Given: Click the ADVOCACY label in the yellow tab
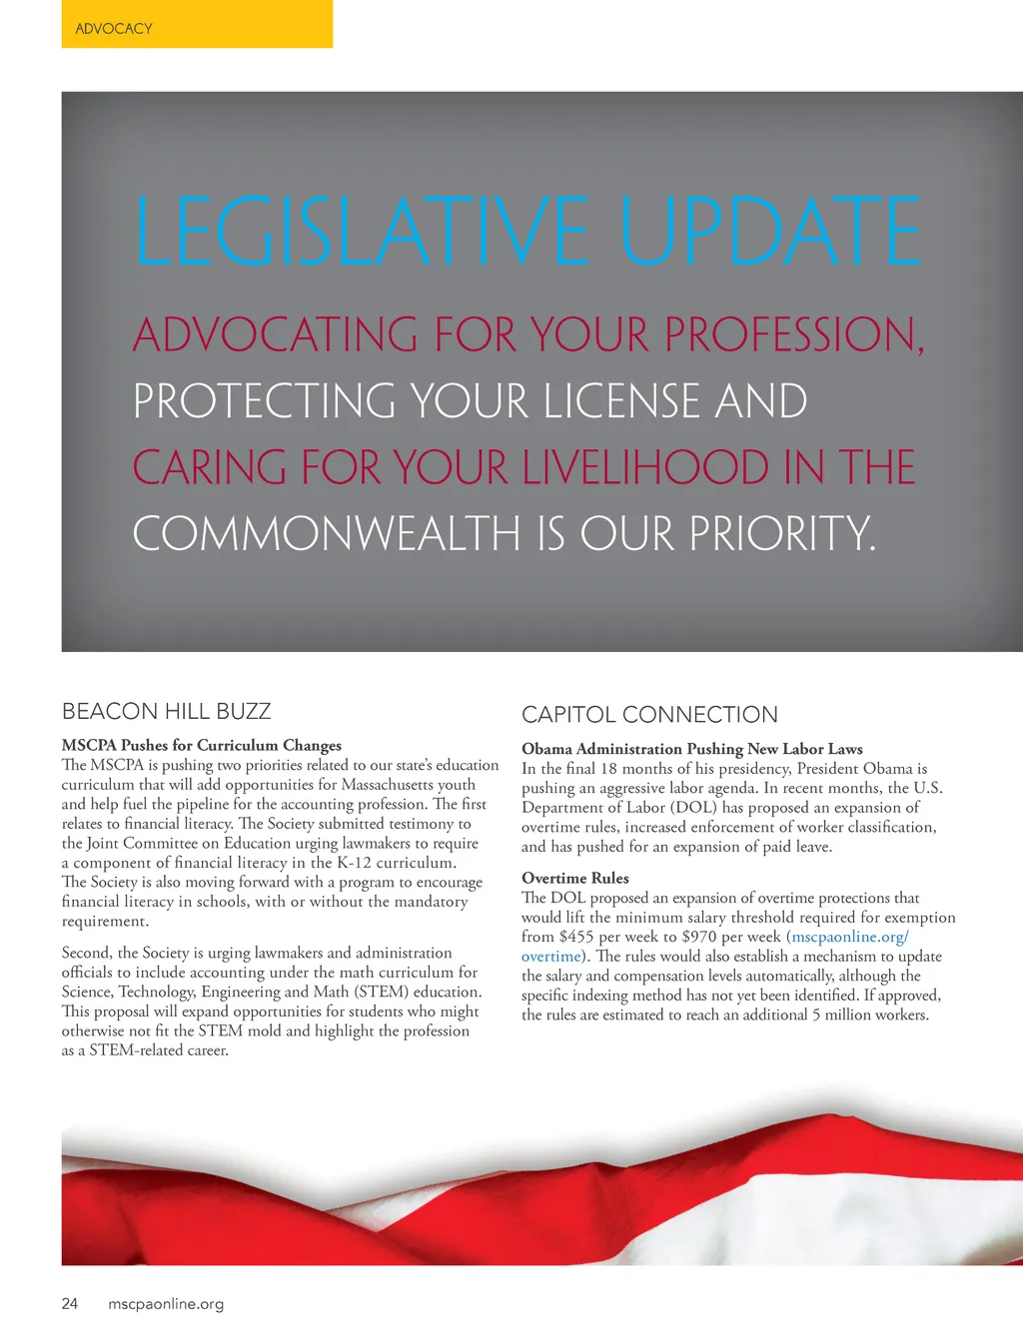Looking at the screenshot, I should (x=114, y=29).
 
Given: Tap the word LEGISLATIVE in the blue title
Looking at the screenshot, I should (x=361, y=232).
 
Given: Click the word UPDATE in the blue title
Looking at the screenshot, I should (x=769, y=232).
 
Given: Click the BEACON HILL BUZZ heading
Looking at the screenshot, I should (x=167, y=711).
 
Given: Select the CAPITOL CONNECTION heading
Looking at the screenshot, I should (x=649, y=715).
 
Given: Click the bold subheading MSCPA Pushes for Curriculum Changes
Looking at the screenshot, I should (x=202, y=745).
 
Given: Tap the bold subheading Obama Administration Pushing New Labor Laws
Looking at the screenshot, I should (x=692, y=749).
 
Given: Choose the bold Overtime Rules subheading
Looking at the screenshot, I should (x=575, y=879).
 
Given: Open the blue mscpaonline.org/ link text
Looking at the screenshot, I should (x=850, y=937).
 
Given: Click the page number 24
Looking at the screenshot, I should (x=70, y=1303).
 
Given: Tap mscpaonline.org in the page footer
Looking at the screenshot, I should (x=166, y=1304).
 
